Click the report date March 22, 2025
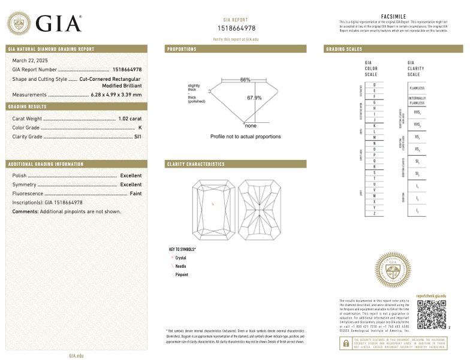click(30, 60)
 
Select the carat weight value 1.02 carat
click(130, 119)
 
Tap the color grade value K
click(140, 128)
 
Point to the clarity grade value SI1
click(137, 137)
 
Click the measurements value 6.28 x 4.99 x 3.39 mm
click(116, 95)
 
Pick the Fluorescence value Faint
click(135, 193)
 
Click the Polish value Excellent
click(131, 176)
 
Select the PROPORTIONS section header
click(182, 49)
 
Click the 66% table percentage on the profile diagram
click(245, 80)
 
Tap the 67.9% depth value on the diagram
click(254, 98)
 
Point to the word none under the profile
click(251, 126)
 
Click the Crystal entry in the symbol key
click(180, 258)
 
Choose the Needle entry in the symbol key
click(180, 266)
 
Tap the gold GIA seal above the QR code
click(394, 272)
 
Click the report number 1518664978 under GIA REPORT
click(236, 28)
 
